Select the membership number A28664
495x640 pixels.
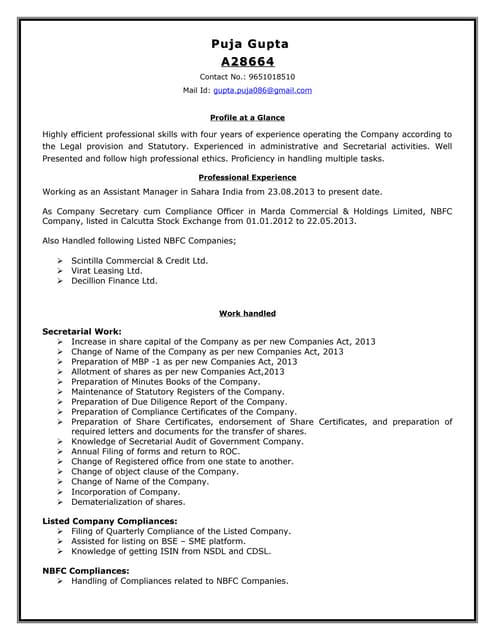[247, 62]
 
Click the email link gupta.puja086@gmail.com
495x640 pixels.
[262, 90]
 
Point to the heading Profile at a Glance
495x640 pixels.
[247, 118]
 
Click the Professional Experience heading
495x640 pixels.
[247, 177]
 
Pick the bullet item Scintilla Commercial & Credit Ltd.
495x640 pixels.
[140, 260]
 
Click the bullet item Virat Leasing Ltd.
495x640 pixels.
[107, 271]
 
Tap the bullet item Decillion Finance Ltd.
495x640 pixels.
[115, 281]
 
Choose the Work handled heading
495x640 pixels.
[247, 314]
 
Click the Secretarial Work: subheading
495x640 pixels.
[82, 330]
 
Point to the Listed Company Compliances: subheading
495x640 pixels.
[110, 521]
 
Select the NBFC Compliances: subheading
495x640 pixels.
[86, 571]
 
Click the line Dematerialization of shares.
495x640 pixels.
[128, 501]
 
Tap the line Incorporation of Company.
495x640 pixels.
[126, 491]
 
